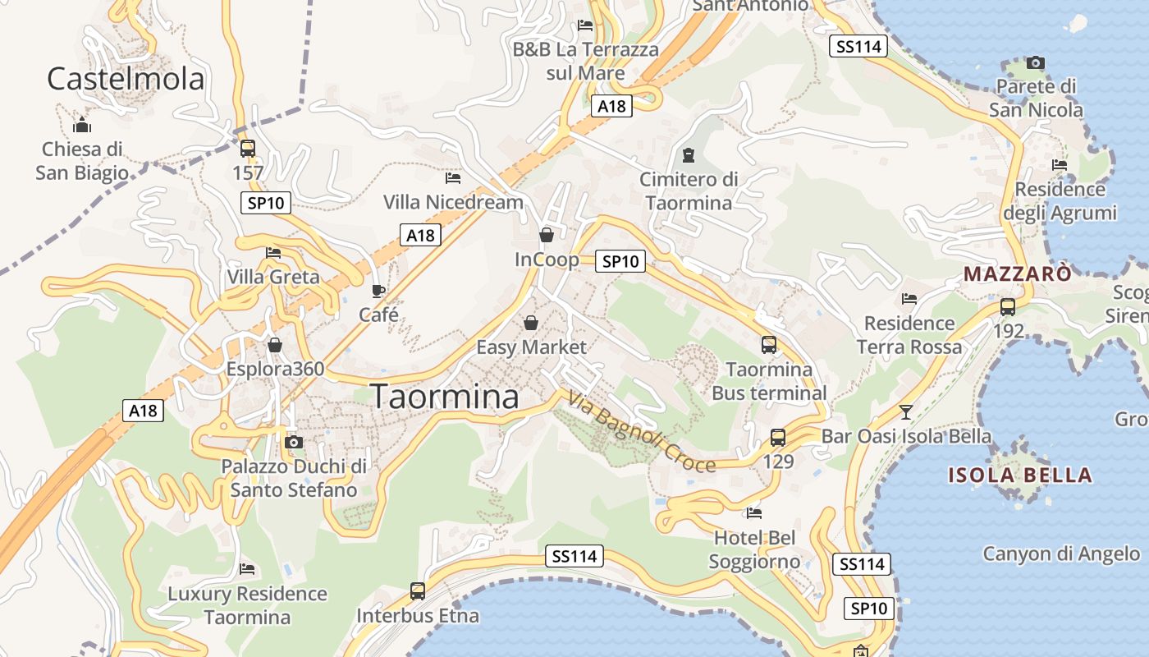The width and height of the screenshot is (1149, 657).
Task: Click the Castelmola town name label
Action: point(125,79)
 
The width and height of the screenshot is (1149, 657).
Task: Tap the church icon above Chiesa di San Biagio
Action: point(82,126)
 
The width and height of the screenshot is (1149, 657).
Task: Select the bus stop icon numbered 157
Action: point(247,149)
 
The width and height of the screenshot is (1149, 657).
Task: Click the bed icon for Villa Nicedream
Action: point(453,177)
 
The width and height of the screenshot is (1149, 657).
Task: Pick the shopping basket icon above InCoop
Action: point(547,236)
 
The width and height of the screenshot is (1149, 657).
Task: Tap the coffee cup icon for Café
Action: point(378,291)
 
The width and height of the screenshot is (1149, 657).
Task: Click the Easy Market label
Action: point(532,347)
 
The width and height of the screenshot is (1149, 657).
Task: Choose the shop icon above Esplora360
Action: point(275,345)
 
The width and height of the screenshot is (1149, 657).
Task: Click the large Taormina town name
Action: point(446,397)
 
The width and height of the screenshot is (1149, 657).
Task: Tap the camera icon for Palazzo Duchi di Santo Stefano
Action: point(293,443)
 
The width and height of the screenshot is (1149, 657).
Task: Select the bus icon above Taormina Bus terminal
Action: point(769,345)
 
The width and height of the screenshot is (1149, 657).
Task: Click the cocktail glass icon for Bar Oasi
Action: point(906,411)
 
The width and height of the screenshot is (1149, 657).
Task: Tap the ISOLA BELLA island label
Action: point(1020,475)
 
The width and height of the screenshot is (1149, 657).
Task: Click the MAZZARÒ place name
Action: point(1018,274)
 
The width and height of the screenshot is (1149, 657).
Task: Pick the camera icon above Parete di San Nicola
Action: point(1036,62)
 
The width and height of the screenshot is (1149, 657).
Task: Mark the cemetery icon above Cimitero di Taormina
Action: point(689,155)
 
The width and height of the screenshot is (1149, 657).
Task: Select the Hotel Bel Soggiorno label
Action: point(754,550)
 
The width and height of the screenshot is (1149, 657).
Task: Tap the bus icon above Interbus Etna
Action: point(418,590)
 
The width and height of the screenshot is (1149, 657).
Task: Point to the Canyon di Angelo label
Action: point(1061,554)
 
